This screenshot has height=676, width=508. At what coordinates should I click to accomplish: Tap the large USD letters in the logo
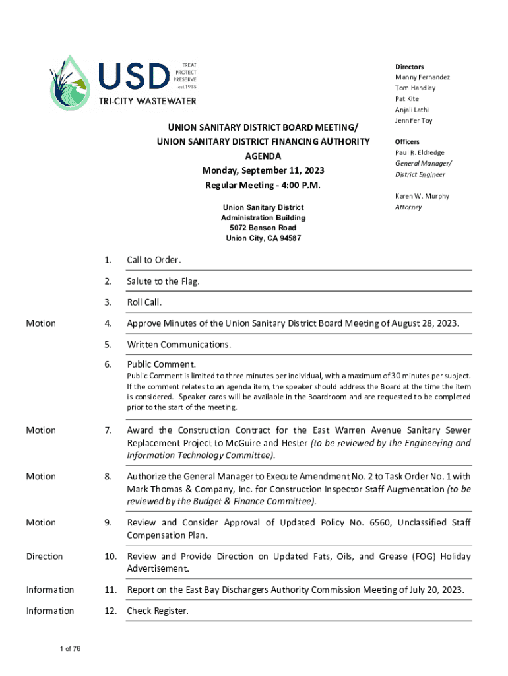coord(134,77)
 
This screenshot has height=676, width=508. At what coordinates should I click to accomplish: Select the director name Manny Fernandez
coord(422,77)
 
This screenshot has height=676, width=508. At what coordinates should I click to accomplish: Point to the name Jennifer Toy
coord(414,121)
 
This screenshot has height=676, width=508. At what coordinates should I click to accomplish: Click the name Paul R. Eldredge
coord(420,152)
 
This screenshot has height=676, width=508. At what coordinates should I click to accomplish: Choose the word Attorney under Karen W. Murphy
coord(408,207)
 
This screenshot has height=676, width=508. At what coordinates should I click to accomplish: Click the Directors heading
coord(409,67)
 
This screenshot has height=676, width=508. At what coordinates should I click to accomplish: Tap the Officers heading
coord(407,142)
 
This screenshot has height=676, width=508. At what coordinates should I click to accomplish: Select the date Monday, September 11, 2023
coord(263,170)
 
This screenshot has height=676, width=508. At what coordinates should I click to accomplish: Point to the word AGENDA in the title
coord(263,156)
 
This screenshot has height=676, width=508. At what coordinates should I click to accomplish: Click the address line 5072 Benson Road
coord(263,228)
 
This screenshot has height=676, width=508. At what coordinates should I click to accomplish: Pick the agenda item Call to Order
coord(154,260)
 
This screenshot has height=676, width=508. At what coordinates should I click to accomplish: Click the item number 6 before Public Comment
coord(108,364)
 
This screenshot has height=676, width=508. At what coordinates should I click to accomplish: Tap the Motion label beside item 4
coord(41,323)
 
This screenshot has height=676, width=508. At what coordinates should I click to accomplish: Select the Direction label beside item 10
coord(44,557)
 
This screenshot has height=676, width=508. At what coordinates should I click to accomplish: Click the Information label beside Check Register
coord(50,611)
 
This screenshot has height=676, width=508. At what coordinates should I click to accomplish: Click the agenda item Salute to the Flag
coord(163,281)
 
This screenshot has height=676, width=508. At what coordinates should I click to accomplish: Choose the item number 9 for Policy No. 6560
coord(108,523)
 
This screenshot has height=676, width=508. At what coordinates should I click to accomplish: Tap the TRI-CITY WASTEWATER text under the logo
coord(147,102)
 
